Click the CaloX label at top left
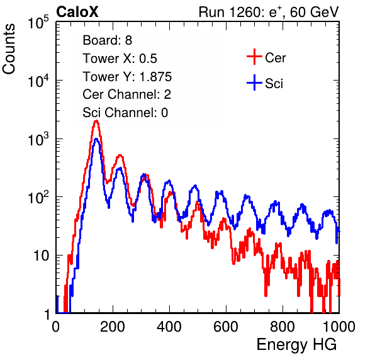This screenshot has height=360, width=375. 77,12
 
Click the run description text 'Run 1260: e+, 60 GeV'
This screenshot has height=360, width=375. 269,12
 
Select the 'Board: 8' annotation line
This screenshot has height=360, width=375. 107,40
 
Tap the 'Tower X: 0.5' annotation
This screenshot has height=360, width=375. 120,59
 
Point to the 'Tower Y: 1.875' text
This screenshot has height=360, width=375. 127,77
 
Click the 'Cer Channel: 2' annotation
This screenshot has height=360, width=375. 126,94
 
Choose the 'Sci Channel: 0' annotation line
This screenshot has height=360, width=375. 125,113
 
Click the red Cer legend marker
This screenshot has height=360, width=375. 254,57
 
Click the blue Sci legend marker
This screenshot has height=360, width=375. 254,82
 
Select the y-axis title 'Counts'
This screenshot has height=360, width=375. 9,49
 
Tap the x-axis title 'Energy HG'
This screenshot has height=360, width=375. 296,345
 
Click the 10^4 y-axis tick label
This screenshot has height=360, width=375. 38,81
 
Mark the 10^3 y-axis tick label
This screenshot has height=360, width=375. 38,139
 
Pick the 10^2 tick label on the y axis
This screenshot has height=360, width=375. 38,198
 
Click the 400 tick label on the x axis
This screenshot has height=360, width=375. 169,327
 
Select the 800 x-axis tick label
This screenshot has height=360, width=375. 283,327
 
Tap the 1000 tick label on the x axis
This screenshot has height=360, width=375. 339,327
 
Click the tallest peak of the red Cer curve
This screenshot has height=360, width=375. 96,121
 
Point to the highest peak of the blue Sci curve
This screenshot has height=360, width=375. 96,139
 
